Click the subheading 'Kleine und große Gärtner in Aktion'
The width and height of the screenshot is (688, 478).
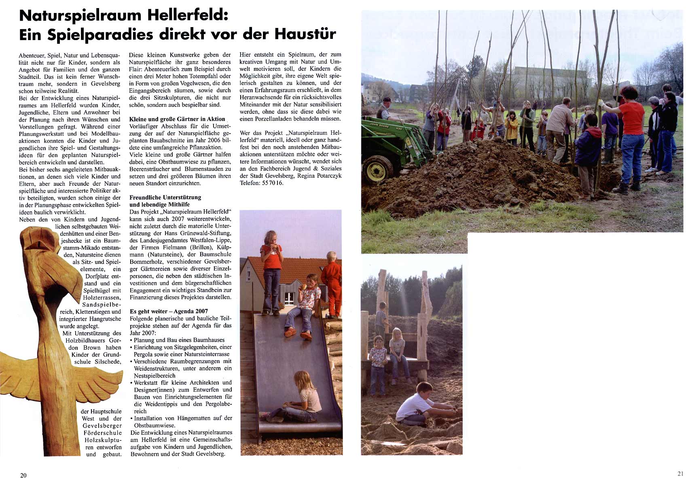point(177,119)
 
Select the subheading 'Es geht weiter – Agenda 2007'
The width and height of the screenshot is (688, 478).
point(169,311)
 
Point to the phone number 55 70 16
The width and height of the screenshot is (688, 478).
point(273,183)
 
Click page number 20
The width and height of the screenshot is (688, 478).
point(23,475)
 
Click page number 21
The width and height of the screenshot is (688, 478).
point(680,474)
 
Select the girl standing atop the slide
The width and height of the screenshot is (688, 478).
point(271,271)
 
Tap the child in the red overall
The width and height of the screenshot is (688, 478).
point(332,283)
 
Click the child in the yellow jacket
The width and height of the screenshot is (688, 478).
point(511,127)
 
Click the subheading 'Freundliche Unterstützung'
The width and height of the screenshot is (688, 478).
point(165,198)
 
